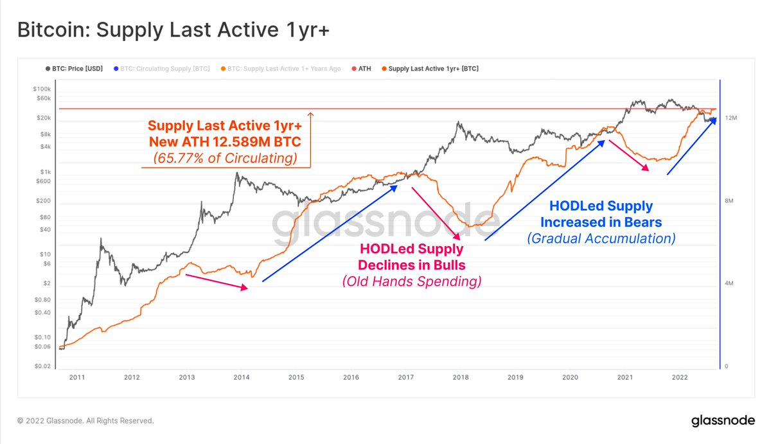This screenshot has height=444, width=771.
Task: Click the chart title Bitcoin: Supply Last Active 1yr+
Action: (173, 30)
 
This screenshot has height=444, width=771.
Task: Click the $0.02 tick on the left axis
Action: (42, 366)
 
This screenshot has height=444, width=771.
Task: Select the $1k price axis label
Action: (45, 172)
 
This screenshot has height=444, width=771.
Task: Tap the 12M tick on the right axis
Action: (731, 119)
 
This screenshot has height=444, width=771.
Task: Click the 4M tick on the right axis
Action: (730, 283)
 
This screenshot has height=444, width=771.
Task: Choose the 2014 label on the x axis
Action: (241, 378)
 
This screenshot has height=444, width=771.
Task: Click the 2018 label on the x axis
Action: (461, 378)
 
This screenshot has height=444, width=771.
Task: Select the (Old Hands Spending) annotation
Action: (411, 281)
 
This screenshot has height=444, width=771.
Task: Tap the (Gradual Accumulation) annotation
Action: (601, 238)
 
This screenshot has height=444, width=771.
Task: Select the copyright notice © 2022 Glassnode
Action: (85, 421)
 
